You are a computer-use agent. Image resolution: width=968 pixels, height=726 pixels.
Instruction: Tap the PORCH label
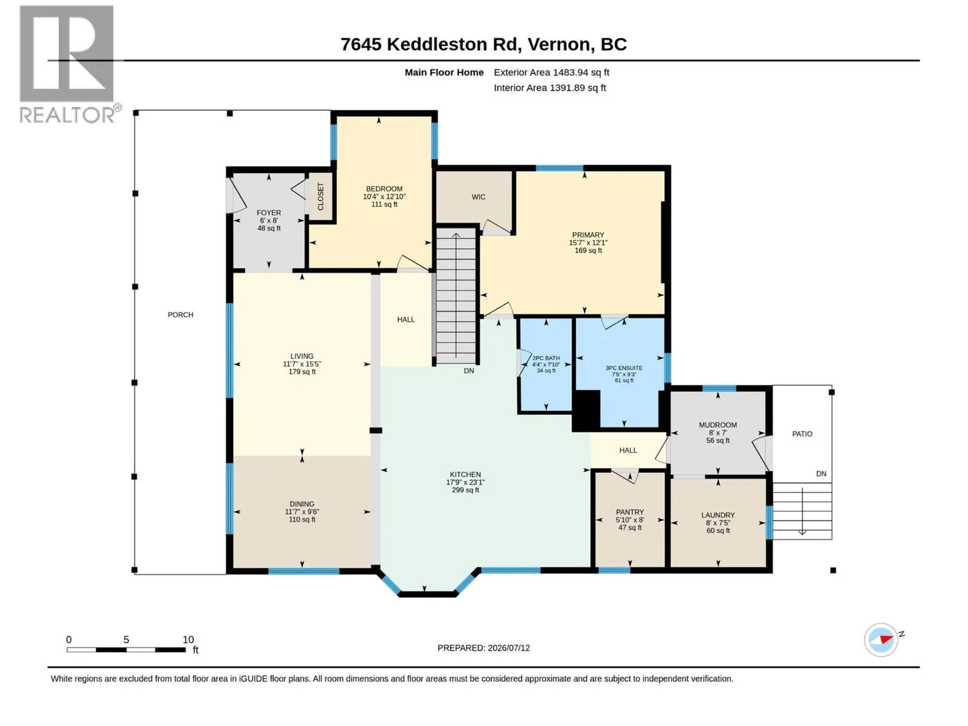[x=180, y=315]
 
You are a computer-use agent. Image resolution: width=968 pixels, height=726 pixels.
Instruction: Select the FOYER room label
[x=269, y=212]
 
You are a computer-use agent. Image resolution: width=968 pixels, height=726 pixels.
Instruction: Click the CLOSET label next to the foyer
[x=321, y=197]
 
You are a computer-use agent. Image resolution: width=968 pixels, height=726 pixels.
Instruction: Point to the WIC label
[x=478, y=197]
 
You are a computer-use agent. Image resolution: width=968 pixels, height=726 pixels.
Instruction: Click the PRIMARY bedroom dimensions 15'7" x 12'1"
[x=588, y=243]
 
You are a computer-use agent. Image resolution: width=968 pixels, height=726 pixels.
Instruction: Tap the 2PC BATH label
[x=546, y=358]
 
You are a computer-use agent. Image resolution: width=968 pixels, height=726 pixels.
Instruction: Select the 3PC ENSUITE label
[x=624, y=368]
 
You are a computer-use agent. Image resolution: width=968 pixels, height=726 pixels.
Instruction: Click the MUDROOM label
[x=718, y=425]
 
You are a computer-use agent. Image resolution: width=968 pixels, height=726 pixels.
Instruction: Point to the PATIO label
[x=802, y=434]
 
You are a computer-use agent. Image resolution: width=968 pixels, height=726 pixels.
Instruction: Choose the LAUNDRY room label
[x=718, y=515]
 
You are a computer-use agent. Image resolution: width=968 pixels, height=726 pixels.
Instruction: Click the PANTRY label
[x=630, y=512]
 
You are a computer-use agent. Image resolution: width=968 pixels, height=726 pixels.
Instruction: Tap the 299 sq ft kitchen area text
[x=465, y=489]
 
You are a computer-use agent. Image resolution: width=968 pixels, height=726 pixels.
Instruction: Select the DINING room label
[x=302, y=504]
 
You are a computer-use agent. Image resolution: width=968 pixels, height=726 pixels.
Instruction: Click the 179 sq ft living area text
[x=302, y=371]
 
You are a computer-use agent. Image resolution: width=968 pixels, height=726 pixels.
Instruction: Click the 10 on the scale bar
[x=188, y=639]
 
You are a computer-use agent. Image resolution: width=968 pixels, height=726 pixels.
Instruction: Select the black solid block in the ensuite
[x=586, y=410]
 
